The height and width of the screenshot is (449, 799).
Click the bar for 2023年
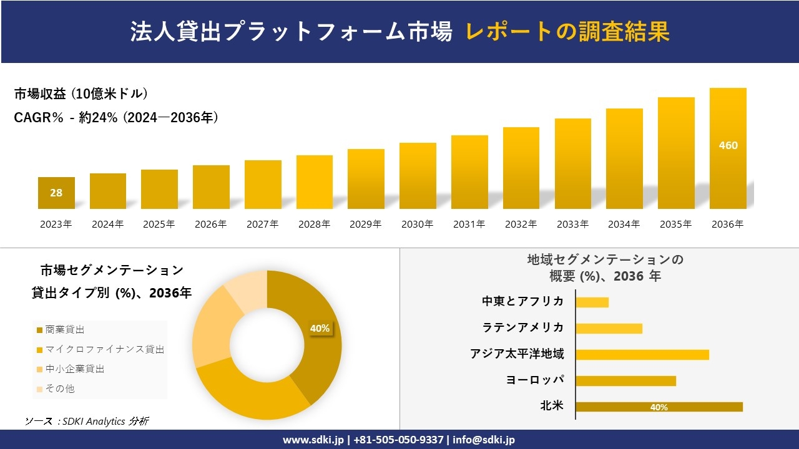tap(56, 193)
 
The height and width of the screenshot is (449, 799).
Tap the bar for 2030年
tap(418, 176)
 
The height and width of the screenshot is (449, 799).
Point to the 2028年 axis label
tap(314, 224)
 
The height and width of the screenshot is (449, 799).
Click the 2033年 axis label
tap(572, 224)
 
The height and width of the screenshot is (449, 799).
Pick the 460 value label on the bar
tap(728, 145)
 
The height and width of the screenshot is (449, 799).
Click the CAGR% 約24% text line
tap(116, 118)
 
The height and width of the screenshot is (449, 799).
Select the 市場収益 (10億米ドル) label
tap(81, 94)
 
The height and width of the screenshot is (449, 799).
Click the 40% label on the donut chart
tap(320, 329)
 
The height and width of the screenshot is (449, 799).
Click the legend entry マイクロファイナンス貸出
tap(100, 349)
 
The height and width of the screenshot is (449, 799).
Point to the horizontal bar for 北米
tap(659, 407)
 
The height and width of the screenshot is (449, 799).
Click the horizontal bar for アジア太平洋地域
tap(642, 355)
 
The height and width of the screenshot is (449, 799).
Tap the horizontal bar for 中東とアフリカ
tap(592, 302)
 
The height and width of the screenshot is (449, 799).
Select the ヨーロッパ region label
tap(535, 380)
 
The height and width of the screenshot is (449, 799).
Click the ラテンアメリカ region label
tap(522, 327)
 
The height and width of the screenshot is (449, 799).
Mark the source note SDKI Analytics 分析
tap(87, 422)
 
